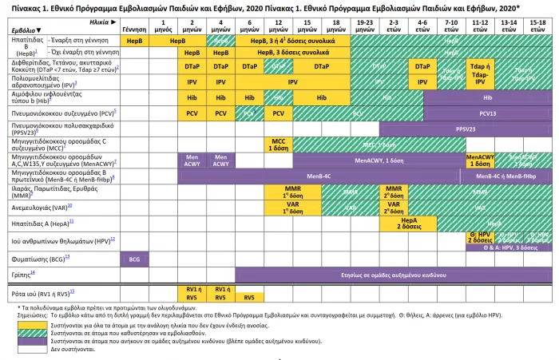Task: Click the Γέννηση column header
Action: pos(134,27)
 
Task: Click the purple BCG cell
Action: pos(134,259)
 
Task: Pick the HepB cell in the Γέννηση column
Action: pos(134,39)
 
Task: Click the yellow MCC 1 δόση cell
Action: pos(279,144)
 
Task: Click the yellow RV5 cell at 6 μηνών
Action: pos(249,297)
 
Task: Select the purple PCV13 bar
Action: pos(487,113)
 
